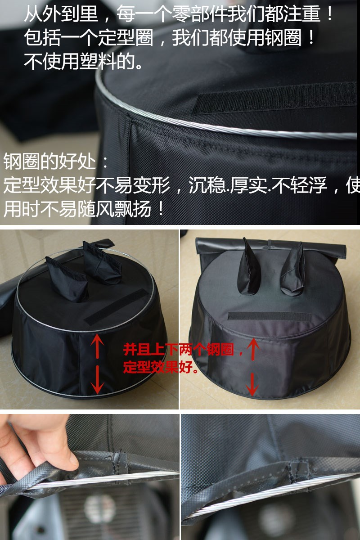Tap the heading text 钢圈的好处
tap(49, 161)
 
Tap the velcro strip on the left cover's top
tap(116, 307)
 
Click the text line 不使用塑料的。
tap(83, 61)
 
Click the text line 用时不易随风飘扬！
tap(84, 209)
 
